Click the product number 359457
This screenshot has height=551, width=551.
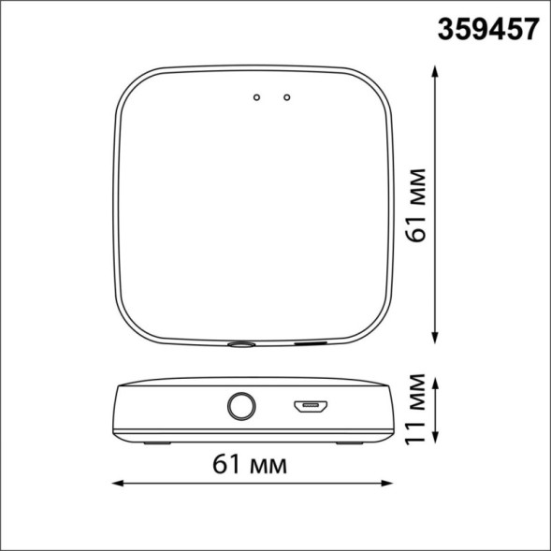[488, 30]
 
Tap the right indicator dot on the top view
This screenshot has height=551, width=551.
[286, 95]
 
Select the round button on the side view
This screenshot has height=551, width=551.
[240, 407]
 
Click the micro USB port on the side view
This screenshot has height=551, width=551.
[309, 407]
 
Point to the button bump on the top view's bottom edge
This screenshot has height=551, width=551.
[240, 344]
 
